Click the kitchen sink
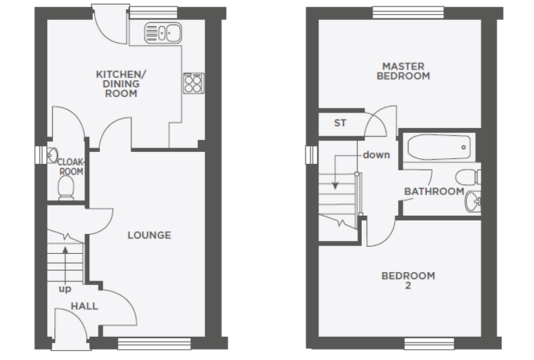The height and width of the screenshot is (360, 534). tap(163, 33)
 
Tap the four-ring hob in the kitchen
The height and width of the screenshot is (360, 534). tap(193, 83)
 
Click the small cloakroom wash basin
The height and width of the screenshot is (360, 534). tap(52, 155)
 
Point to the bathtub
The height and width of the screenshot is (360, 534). tap(439, 147)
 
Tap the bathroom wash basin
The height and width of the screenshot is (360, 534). tap(473, 201)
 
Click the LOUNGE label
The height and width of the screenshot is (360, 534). tap(149, 235)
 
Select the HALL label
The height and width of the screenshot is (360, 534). tap(84, 306)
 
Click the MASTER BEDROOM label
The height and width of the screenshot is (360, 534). tap(403, 71)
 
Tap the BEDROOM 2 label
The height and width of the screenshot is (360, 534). tap(408, 281)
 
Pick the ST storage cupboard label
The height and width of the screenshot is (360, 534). tap(340, 123)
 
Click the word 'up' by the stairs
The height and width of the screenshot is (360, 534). tap(65, 289)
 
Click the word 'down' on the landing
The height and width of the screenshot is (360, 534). tap(377, 155)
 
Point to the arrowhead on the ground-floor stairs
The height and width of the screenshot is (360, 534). tap(65, 250)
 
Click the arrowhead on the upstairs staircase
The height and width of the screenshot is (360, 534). tap(335, 186)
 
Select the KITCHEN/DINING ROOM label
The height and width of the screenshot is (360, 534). tap(122, 84)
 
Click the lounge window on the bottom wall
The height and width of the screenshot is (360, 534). tap(155, 344)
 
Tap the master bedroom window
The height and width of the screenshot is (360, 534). tap(408, 12)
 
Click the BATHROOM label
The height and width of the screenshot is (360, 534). tap(434, 191)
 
